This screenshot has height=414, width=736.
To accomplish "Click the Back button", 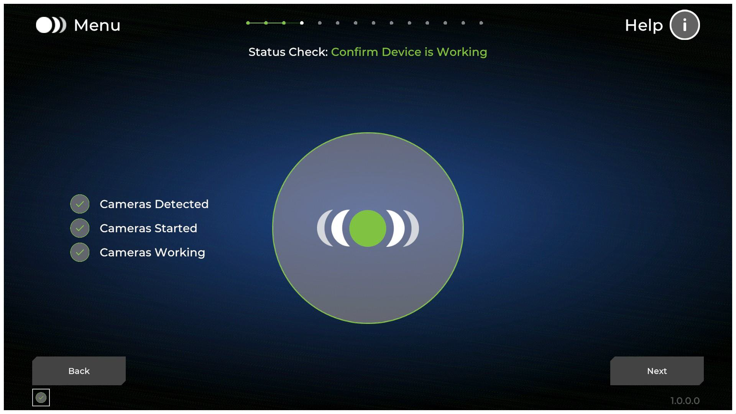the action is tap(79, 371).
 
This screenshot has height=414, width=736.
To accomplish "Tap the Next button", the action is tap(657, 371).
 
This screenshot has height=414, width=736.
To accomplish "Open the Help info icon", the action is tap(685, 25).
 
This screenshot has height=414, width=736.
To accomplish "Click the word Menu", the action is tap(97, 25).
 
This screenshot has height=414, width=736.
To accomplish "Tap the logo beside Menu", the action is tap(51, 25).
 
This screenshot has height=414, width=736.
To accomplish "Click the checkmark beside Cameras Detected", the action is tap(80, 204).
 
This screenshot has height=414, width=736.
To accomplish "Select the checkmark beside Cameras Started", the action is tap(80, 228).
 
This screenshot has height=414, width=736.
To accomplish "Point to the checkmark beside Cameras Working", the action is tap(80, 252).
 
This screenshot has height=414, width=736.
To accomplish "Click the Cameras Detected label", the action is tap(154, 204).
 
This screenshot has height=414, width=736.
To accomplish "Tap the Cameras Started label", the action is tap(148, 228).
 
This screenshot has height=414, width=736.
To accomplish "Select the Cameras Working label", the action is tap(153, 253).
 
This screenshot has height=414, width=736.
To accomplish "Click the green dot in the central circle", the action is tap(368, 228).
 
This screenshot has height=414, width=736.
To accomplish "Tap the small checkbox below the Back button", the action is tap(41, 398).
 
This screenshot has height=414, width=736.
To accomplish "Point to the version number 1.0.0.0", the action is tap(685, 401).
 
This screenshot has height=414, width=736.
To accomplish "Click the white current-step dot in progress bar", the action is tap(302, 23).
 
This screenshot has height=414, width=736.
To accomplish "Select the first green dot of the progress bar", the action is tap(248, 23).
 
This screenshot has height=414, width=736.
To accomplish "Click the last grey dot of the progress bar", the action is tap(481, 23).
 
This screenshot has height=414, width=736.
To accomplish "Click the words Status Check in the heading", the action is tap(288, 52).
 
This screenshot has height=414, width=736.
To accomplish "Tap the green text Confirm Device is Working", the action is tap(409, 52).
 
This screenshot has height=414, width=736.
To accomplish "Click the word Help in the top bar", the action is tap(644, 26).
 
